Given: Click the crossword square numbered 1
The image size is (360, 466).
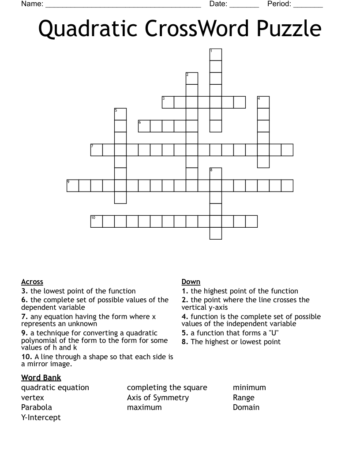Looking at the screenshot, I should click(x=215, y=55).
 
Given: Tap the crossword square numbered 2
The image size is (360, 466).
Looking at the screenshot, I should click(x=191, y=79).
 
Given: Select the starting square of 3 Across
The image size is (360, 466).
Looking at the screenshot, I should click(x=168, y=102).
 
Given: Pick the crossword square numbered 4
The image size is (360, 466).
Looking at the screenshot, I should click(x=263, y=102).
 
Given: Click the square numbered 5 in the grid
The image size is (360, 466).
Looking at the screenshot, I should click(x=120, y=114).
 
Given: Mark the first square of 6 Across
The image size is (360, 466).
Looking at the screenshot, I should click(x=144, y=126).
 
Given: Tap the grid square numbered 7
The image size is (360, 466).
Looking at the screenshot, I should click(x=96, y=150).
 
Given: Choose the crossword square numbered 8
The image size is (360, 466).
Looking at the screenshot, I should click(x=215, y=174).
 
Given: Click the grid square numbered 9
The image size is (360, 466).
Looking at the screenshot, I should click(x=72, y=186).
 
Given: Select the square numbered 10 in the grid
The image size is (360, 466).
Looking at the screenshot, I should click(x=96, y=222).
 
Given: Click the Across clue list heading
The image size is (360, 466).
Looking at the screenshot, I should click(x=32, y=282).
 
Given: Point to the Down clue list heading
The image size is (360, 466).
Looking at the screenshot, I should click(x=191, y=282).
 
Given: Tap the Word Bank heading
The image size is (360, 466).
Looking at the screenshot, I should click(x=41, y=378).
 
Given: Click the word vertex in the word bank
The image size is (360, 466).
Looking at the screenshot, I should click(x=33, y=398).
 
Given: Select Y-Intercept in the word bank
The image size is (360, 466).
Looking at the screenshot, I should click(x=41, y=417).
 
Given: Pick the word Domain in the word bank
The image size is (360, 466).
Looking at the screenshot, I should click(x=246, y=407).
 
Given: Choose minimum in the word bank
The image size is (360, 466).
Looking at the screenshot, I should click(x=249, y=387).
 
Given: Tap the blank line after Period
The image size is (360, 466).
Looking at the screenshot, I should click(x=308, y=5).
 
